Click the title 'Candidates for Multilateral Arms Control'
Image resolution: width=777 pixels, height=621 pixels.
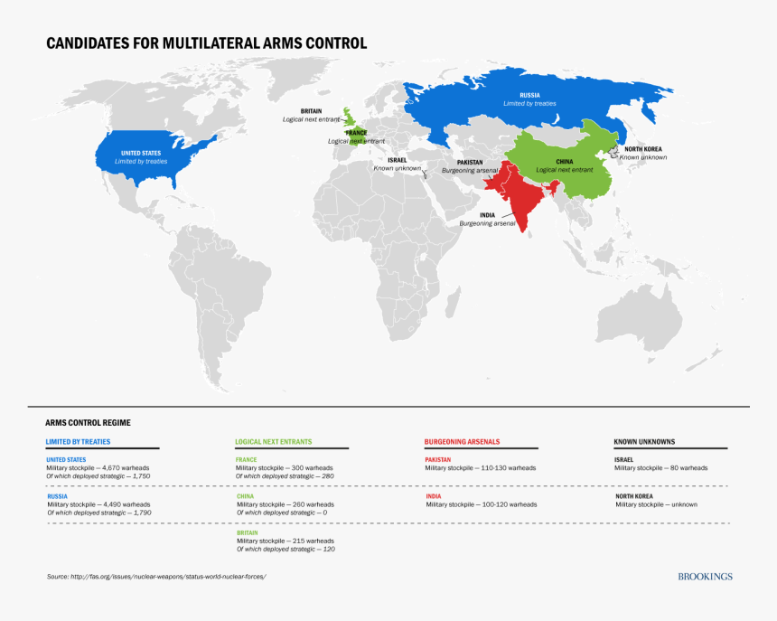207,43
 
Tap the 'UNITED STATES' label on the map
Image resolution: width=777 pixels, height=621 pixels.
141,153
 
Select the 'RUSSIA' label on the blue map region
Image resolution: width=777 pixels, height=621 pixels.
529,95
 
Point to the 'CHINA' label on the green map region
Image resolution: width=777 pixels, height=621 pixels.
564,162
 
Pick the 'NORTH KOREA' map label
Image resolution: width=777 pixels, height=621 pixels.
644,149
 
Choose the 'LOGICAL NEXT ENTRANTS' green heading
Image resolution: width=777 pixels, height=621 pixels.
274,442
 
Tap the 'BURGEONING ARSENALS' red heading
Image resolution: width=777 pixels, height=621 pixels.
462,442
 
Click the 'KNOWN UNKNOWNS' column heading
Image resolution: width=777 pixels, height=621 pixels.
644,442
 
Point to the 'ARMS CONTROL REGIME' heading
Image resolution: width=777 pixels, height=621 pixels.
88,422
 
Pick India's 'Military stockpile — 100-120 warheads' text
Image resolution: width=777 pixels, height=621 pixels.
481,504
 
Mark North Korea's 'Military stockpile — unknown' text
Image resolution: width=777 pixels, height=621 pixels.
656,504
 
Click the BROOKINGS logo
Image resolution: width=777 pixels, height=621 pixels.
705,577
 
